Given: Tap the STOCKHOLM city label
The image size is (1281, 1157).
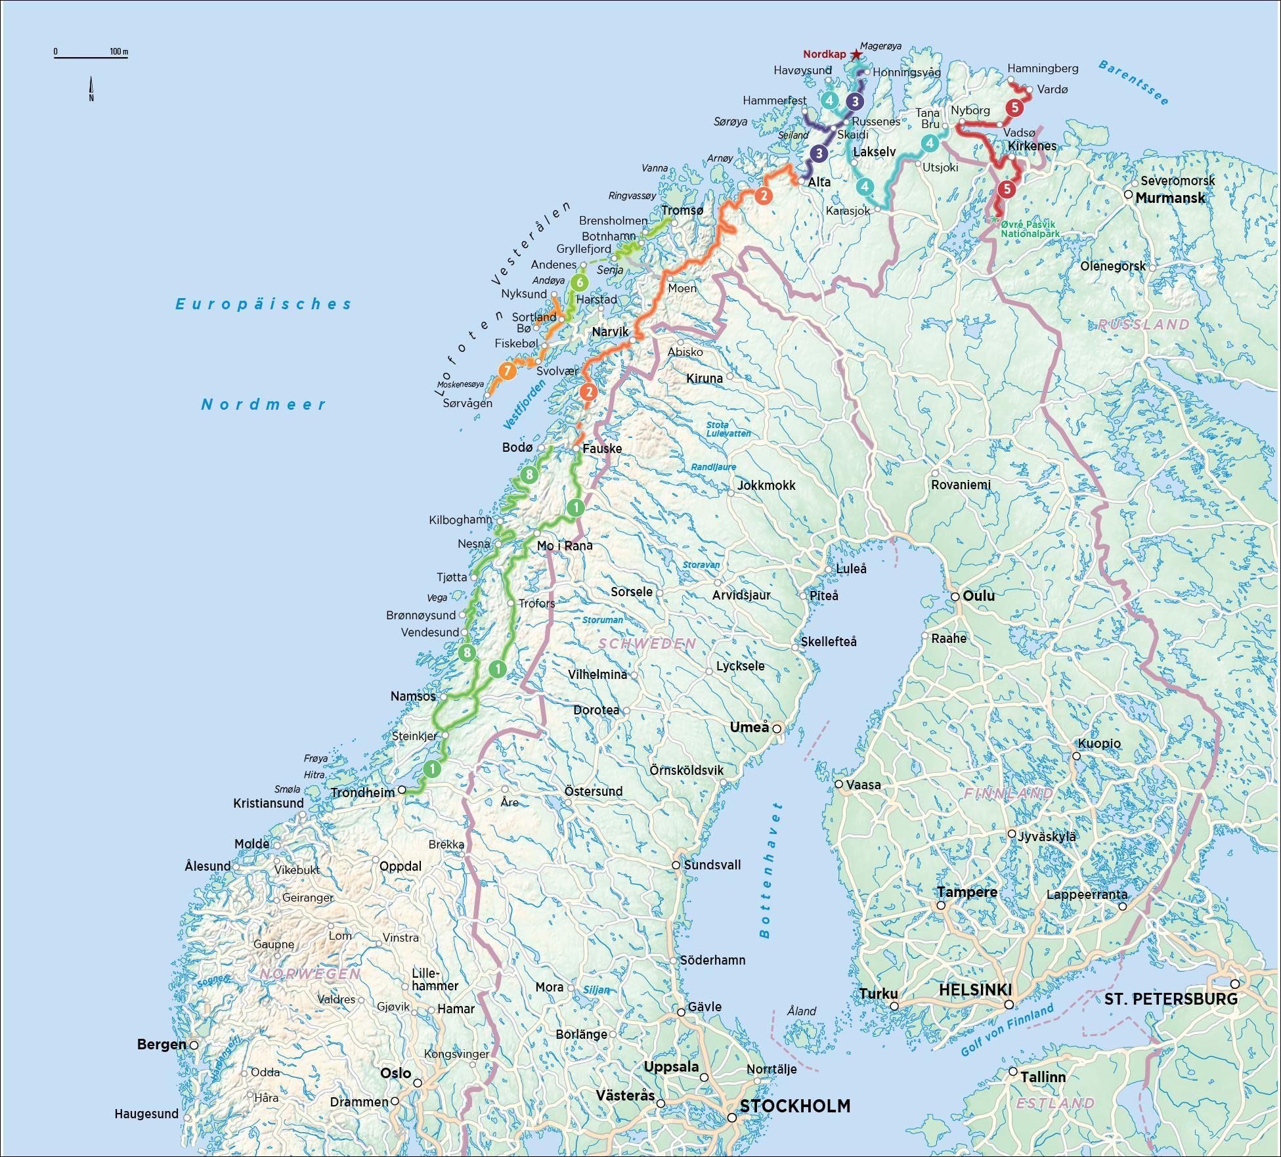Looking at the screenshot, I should pos(794,1106).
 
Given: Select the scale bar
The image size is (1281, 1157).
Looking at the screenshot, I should pos(91,57).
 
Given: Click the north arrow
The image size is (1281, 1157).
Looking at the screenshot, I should pos(91,89).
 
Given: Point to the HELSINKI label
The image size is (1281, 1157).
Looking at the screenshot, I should pos(975,990).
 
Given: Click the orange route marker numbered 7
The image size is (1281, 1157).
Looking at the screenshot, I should pos(507,371).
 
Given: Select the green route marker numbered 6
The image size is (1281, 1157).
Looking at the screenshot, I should pos(578,283).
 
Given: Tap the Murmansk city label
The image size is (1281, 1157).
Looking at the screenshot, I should pos(1170,198).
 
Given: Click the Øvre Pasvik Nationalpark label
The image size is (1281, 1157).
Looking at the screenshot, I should pos(1030,229).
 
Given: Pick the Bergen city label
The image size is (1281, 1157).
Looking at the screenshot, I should pos(162,1044).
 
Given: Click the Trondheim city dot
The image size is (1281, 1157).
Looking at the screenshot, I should pos(402,790).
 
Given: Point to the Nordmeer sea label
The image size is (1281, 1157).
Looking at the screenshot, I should pos(263,404).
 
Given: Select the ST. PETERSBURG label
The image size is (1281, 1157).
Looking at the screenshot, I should pos(1171,999).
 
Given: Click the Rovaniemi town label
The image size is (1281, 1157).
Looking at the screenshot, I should pos(961,485).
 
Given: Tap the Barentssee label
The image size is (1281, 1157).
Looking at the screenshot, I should pos(1133,83).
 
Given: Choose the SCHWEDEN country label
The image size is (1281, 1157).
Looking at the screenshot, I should pos(647,644).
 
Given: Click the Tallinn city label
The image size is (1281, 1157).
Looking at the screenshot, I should pos(1043,1077).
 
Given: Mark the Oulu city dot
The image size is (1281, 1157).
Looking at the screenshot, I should pos(956,596).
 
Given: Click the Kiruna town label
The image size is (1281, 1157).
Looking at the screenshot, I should pos(704,378).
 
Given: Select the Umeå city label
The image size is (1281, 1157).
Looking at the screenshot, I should pos(749,727).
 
